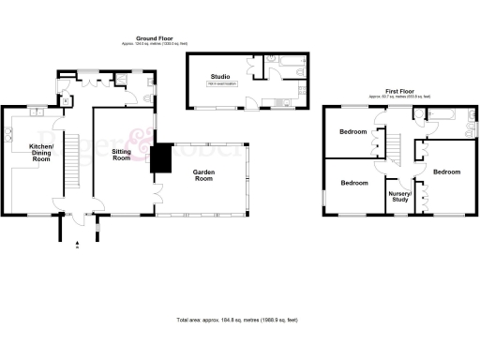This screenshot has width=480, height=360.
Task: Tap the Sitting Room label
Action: click(x=121, y=154)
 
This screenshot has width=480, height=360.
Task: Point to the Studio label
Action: click(x=221, y=76)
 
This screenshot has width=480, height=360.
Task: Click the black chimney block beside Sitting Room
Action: click(x=162, y=158)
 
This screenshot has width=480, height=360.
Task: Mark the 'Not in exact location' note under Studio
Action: click(x=221, y=85)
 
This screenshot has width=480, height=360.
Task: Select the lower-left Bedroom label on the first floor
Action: click(x=353, y=184)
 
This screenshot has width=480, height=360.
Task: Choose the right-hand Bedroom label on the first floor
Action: click(x=446, y=172)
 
